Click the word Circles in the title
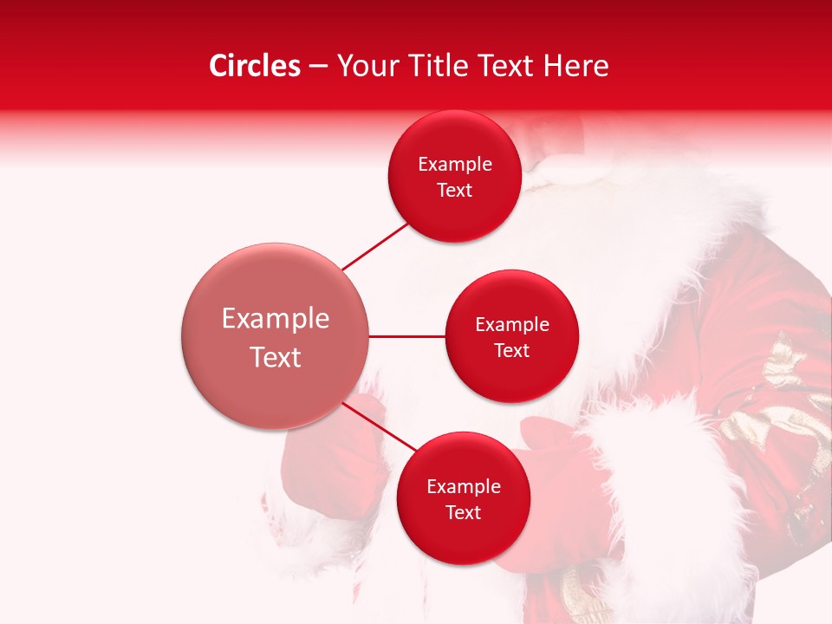255,66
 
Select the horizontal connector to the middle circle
407,336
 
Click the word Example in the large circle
276,319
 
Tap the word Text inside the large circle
276,357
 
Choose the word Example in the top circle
455,165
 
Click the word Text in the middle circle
511,350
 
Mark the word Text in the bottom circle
463,512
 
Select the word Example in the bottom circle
464,486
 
